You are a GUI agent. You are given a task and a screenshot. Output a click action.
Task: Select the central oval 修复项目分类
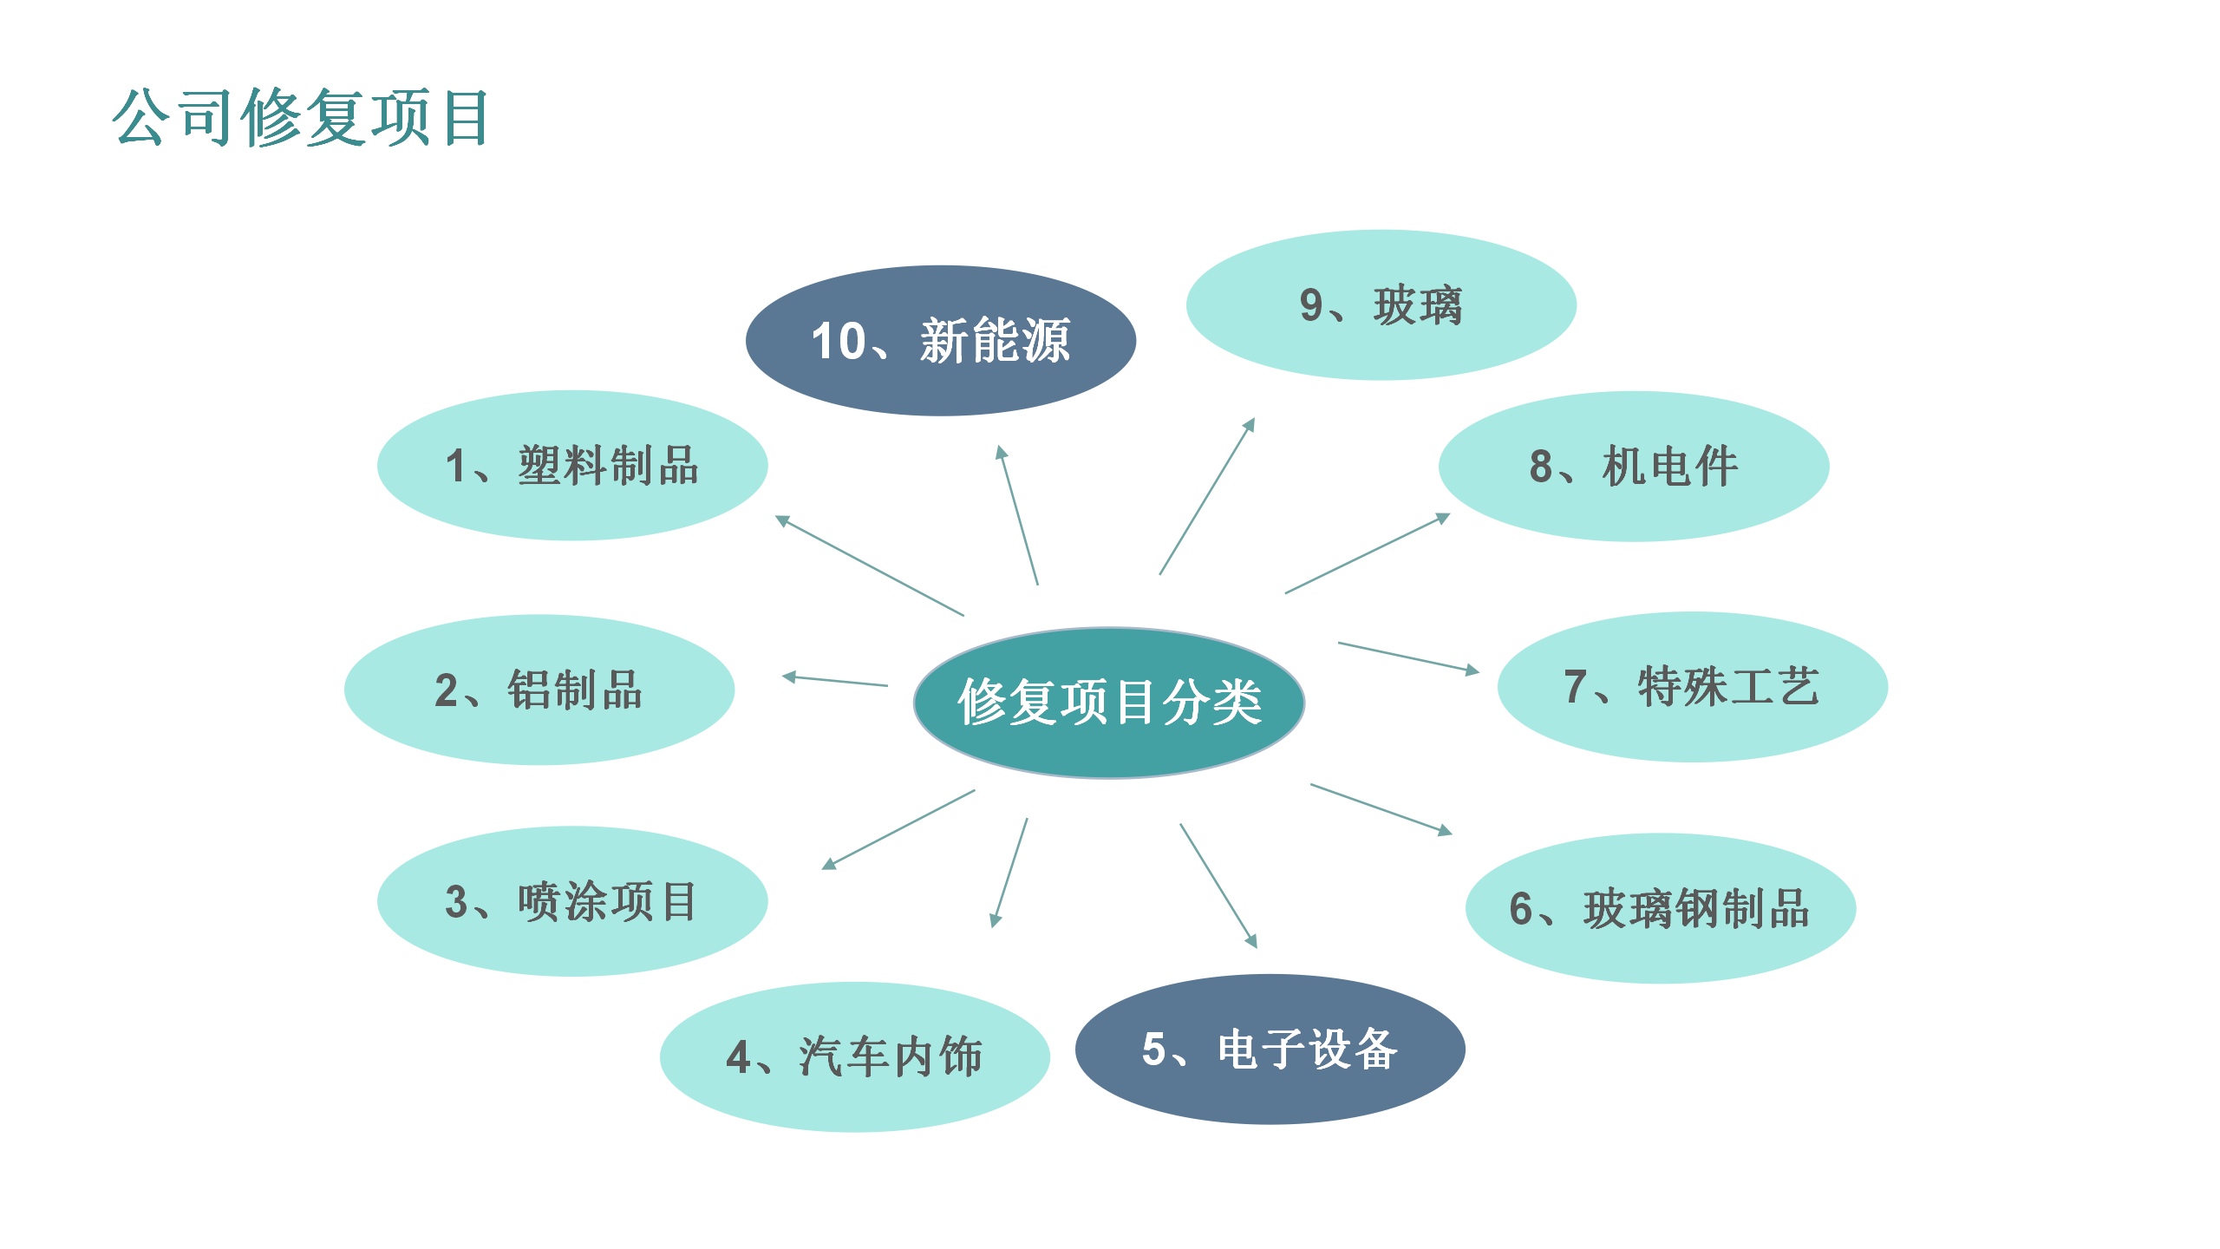coord(1109,703)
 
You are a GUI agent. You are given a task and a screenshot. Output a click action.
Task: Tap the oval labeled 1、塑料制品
coord(572,466)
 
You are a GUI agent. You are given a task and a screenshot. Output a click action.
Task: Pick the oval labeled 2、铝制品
coord(539,690)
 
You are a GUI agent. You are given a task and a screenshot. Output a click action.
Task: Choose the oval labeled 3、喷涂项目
coord(572,901)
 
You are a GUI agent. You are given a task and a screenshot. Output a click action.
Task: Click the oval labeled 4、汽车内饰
coord(855,1056)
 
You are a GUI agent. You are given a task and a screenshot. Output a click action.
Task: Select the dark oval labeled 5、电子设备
coord(1270,1050)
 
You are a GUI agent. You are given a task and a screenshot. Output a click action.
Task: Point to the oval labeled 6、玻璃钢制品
coord(1660,909)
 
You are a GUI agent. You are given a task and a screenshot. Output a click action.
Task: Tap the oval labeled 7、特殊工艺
coord(1692,687)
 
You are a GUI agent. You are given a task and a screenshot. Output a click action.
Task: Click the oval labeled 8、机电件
coord(1634,467)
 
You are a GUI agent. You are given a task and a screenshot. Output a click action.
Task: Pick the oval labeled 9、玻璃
coord(1381,305)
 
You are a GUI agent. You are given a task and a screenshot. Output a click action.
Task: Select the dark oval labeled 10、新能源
coord(941,341)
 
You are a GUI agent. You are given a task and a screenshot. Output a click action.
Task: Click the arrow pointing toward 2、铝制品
coord(835,681)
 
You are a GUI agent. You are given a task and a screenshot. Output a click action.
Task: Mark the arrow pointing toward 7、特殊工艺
coord(1408,657)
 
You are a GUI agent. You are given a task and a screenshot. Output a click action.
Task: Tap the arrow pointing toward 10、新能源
coord(1019,515)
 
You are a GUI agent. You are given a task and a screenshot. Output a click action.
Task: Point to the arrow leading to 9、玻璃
coord(1207,497)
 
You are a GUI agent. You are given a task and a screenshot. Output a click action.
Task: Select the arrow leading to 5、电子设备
coord(1218,886)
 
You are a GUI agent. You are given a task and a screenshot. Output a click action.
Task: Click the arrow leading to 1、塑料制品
coord(870,566)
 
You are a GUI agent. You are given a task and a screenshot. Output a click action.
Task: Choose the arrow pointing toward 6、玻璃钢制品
coord(1381,809)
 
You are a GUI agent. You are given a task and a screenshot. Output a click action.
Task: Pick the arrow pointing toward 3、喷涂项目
coord(898,829)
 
